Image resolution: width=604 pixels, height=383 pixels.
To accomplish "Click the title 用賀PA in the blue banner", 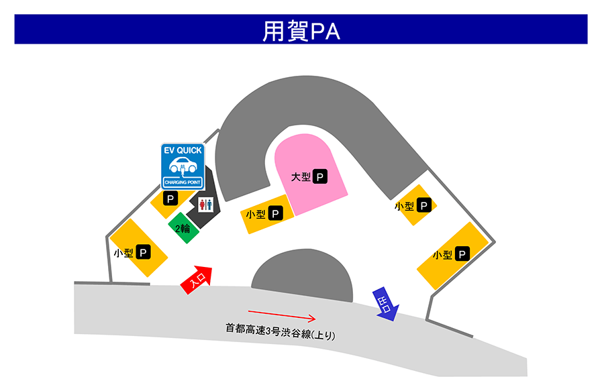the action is (301, 31).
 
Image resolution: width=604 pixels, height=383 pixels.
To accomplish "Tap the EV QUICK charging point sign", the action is (183, 166).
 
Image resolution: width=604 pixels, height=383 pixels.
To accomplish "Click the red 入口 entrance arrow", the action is (197, 280).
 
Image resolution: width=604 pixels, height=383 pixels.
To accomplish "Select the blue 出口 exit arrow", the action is (386, 304).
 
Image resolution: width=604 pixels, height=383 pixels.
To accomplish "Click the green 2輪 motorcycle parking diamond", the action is (183, 228).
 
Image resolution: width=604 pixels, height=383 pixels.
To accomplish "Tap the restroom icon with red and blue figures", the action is (206, 205).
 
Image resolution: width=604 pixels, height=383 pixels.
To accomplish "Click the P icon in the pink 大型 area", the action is (319, 176).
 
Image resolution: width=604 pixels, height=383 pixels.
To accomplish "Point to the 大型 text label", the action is (301, 177).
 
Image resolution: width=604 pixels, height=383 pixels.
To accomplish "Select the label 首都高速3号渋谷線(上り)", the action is (281, 331).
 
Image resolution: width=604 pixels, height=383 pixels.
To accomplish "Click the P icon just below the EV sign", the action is (170, 199).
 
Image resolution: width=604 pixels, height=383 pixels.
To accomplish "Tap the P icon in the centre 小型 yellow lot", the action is (275, 213).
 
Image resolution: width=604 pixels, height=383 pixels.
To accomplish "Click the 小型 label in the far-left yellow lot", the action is (123, 253).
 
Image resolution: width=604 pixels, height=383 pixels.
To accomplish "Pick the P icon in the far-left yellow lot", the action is (143, 252).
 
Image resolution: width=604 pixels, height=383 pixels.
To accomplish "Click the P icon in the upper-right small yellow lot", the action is (423, 205).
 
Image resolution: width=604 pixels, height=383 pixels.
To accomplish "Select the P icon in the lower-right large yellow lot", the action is (462, 254).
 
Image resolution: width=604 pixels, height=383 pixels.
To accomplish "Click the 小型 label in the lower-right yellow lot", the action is (442, 255).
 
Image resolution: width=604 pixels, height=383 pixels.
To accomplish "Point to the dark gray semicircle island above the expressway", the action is (303, 275).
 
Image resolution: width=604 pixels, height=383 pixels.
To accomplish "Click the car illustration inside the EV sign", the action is (183, 166).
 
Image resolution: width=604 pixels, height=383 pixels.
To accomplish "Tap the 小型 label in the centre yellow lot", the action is (256, 215).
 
